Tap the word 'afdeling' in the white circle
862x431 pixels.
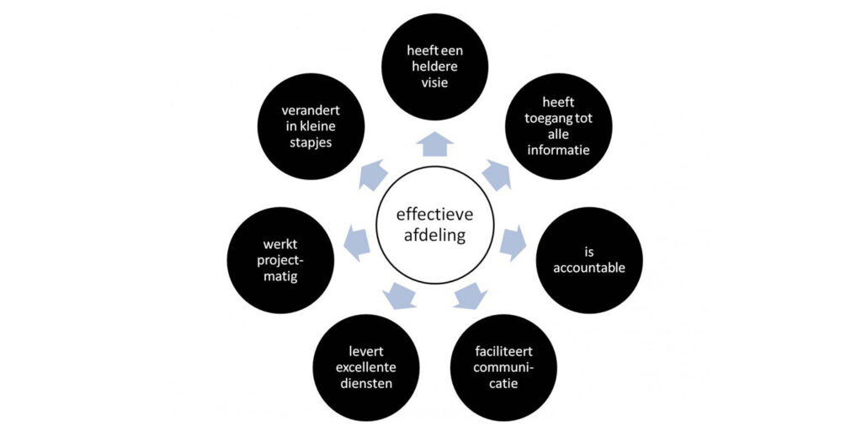431,236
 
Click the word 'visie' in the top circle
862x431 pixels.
434,84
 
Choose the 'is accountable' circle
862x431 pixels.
589,260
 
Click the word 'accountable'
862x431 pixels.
589,269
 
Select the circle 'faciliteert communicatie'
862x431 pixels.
504,367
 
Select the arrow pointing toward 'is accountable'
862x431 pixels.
512,243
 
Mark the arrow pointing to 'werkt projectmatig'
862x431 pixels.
357,243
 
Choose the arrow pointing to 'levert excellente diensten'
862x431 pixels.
398,295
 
